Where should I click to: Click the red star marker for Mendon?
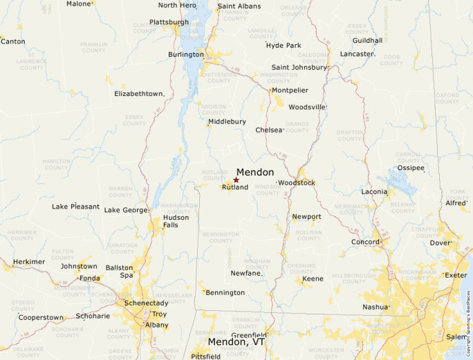click(x=236, y=180)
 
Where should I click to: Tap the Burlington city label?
click(x=186, y=55)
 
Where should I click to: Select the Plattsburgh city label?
click(x=169, y=22)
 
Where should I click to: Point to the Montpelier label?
click(x=290, y=91)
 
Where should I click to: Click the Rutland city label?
click(x=235, y=187)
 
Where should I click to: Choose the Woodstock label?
click(x=297, y=182)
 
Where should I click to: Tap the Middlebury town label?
click(x=227, y=122)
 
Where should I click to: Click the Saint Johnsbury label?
click(x=299, y=68)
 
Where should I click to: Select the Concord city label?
click(x=364, y=242)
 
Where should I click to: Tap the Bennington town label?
click(x=225, y=292)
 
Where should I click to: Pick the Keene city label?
click(x=313, y=278)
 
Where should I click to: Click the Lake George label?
click(x=125, y=210)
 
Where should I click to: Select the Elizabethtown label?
click(x=139, y=93)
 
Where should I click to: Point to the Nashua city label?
click(x=375, y=307)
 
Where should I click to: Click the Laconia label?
click(x=374, y=191)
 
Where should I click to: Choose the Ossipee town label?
click(x=411, y=168)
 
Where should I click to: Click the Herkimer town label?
click(x=29, y=262)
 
